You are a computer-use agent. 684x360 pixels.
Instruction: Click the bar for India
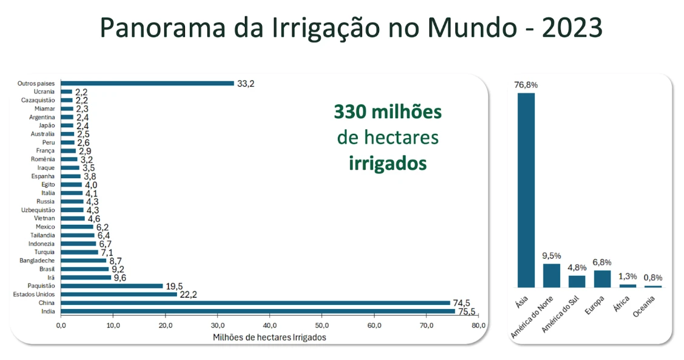(x=258, y=311)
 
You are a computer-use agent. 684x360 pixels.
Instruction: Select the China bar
(x=255, y=302)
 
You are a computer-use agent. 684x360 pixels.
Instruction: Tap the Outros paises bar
(x=147, y=83)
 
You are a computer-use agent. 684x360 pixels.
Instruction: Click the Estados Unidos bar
(x=119, y=294)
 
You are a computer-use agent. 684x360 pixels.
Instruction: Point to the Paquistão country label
(x=41, y=285)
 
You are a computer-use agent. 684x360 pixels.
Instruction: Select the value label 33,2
(x=246, y=84)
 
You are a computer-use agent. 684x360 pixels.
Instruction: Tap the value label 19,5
(x=175, y=286)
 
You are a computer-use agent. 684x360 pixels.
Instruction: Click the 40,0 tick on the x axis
(x=270, y=326)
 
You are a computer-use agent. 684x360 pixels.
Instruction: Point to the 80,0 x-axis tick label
(x=479, y=326)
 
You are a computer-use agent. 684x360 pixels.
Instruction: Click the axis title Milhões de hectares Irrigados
(x=270, y=338)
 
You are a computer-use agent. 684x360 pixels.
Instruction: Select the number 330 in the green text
(x=351, y=112)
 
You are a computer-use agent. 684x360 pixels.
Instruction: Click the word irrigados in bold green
(x=387, y=164)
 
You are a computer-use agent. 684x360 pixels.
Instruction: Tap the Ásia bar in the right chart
(x=526, y=190)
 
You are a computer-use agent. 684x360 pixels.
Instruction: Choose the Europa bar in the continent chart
(x=602, y=279)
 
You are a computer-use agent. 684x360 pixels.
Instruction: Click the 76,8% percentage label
(x=526, y=85)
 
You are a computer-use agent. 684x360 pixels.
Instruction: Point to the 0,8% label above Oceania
(x=653, y=278)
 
